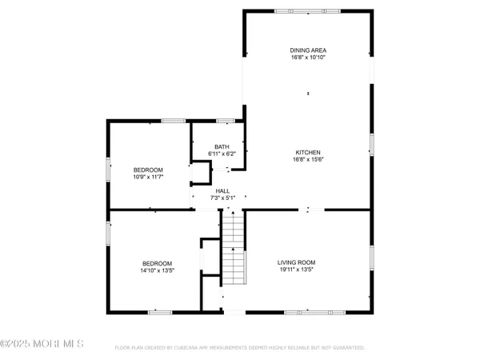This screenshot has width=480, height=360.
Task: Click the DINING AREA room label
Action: pos(308,50)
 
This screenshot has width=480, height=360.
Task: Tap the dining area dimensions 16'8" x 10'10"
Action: pos(308,58)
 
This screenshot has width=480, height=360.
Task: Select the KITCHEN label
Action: pos(308,152)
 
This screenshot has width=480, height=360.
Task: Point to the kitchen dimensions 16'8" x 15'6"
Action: pos(308,159)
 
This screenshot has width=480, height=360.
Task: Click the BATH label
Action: pos(221,146)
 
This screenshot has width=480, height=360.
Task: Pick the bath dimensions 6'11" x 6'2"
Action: pos(221,153)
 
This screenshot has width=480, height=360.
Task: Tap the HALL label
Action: pos(222,190)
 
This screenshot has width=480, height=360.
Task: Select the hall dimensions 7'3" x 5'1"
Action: pos(222,198)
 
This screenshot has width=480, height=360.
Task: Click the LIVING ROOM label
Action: pos(297,262)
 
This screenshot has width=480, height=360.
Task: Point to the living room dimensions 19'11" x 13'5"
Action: pos(297,270)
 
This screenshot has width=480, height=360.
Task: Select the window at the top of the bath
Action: pos(225,121)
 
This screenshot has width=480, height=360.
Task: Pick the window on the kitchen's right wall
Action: pos(371,144)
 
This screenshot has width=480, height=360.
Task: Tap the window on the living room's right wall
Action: pos(371,257)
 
